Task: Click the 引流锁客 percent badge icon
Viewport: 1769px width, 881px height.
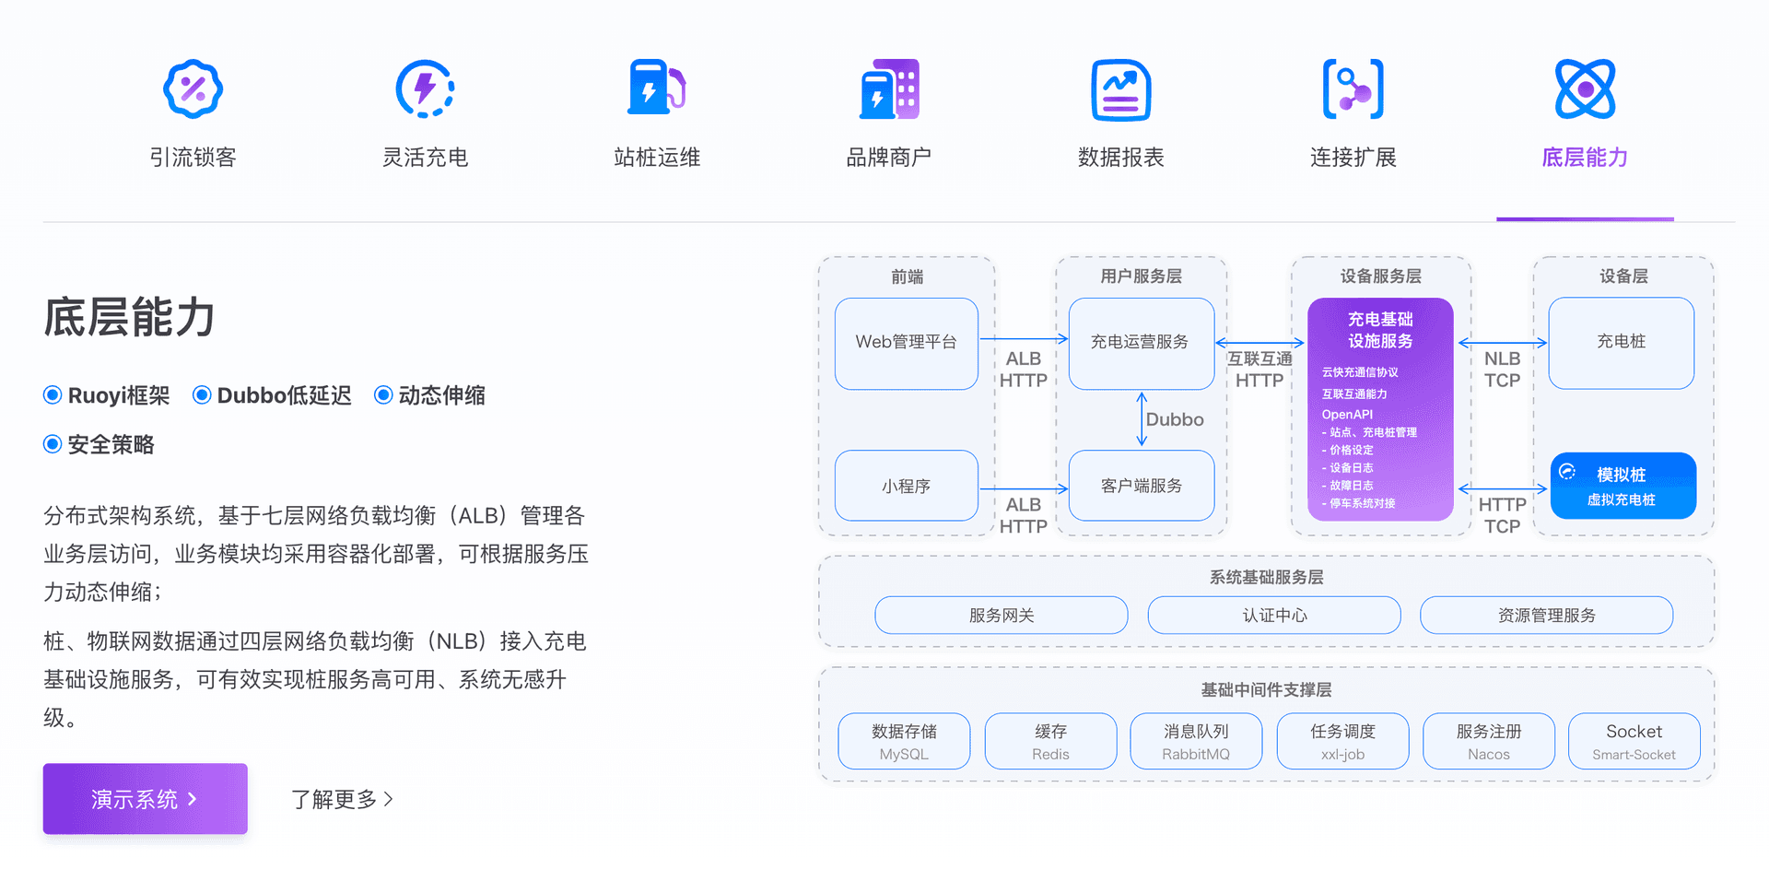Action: coord(193,89)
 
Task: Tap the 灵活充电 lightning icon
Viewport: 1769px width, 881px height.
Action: coord(425,89)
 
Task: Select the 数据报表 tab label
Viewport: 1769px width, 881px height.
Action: coord(1120,158)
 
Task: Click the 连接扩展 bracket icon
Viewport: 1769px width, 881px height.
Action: coord(1353,89)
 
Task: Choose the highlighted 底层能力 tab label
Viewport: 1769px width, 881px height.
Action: coord(1585,158)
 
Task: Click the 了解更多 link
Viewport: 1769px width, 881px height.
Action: coord(342,799)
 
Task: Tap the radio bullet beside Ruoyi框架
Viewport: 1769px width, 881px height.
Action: coord(53,395)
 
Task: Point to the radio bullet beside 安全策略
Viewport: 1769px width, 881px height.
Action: coord(53,444)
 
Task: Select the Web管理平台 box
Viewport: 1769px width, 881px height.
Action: coord(906,343)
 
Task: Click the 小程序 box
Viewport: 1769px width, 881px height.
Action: coord(906,486)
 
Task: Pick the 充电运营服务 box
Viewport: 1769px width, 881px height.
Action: coord(1141,343)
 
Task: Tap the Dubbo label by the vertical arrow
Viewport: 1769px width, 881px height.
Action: coord(1175,419)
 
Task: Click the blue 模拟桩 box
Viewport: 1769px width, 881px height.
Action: coord(1623,486)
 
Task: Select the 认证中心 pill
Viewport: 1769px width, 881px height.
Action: coord(1273,615)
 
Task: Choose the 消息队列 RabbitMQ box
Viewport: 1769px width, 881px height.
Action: coord(1195,741)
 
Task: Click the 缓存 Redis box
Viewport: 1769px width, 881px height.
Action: coord(1050,741)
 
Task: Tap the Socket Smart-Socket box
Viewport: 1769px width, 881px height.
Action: coord(1634,741)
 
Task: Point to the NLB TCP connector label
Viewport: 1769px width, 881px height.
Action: coord(1502,370)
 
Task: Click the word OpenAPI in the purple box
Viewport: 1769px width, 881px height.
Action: coord(1347,415)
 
